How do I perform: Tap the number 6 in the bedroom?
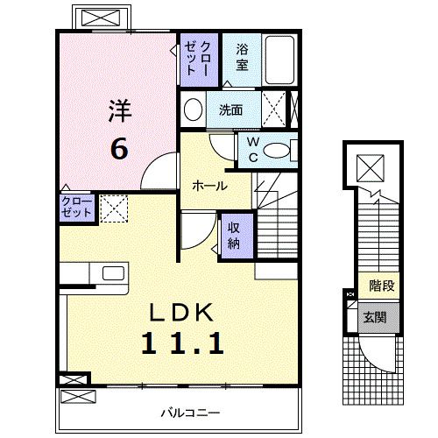click(x=120, y=148)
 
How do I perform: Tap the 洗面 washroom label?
click(x=231, y=110)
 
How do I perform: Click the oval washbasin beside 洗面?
click(x=194, y=109)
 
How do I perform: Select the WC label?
click(x=251, y=149)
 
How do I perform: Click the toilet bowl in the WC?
click(x=279, y=150)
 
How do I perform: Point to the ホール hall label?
click(x=210, y=187)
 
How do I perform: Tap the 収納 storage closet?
click(x=235, y=236)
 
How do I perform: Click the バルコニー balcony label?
click(x=190, y=412)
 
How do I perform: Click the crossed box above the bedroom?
click(x=104, y=17)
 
